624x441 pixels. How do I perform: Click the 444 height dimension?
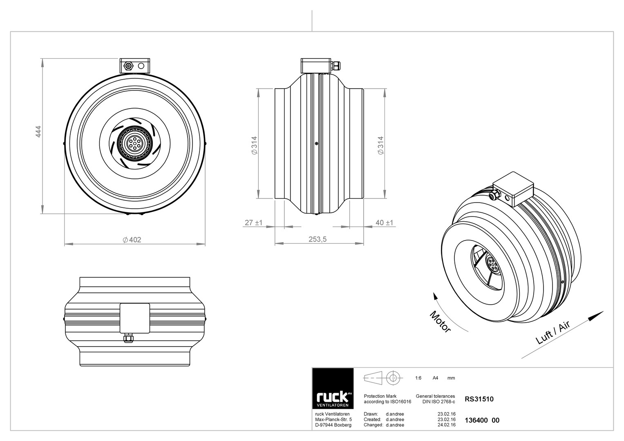(x=38, y=131)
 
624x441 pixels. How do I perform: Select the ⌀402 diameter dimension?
(x=132, y=240)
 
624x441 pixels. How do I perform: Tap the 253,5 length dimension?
(x=317, y=239)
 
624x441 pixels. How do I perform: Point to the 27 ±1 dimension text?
(x=253, y=223)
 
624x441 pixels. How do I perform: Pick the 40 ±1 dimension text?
(x=384, y=223)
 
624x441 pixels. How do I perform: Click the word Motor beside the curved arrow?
(x=440, y=322)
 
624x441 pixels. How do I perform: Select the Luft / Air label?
(x=552, y=333)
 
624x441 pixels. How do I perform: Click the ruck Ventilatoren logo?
(x=333, y=388)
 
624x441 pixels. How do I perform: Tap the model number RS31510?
(x=479, y=399)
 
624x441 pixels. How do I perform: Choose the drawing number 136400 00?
(x=482, y=420)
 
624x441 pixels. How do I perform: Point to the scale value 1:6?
(x=418, y=378)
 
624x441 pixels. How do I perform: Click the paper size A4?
(x=435, y=378)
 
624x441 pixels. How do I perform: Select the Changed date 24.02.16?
(x=447, y=425)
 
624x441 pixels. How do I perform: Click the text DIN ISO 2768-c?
(x=439, y=401)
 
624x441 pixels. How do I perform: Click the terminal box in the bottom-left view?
(x=135, y=318)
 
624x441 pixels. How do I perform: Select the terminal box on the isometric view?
(x=513, y=189)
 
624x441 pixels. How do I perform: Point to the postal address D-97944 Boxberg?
(x=333, y=425)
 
